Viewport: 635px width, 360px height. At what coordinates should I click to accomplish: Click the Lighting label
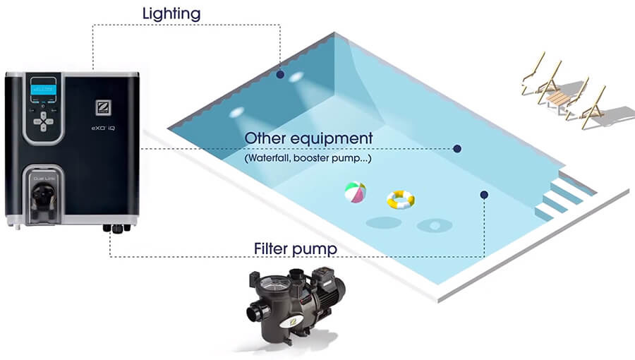171,13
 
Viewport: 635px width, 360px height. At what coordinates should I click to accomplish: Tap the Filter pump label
295,249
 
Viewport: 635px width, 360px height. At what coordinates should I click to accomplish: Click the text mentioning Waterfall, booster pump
308,159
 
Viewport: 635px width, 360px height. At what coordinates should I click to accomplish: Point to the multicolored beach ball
355,193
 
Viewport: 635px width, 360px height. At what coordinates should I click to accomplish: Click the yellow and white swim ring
400,200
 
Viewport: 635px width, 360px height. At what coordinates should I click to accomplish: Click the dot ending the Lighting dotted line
280,74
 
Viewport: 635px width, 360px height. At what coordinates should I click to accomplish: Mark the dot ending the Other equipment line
457,148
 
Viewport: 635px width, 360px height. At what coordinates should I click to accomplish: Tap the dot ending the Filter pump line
483,194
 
